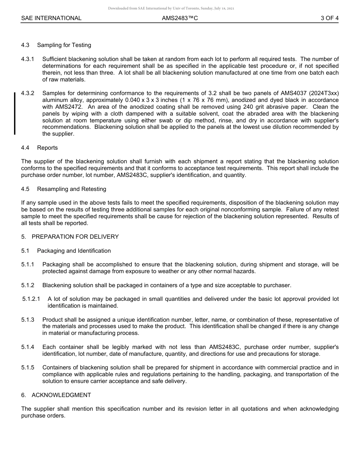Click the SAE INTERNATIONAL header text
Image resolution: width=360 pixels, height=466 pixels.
(x=51, y=18)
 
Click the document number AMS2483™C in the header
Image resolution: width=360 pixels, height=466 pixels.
(x=180, y=18)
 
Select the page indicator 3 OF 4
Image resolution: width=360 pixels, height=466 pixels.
(x=329, y=18)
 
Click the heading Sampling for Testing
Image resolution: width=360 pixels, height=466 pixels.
(x=64, y=45)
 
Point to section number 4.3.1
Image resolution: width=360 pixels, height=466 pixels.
(x=28, y=59)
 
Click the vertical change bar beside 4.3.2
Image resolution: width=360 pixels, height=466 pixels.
(x=15, y=113)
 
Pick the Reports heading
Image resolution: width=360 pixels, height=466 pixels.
(x=47, y=148)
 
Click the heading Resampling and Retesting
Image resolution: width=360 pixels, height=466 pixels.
(x=72, y=189)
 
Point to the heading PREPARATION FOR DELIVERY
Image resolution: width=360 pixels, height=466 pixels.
(x=75, y=237)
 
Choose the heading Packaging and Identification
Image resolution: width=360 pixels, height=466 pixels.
(x=74, y=251)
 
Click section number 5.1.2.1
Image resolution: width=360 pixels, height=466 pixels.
(x=31, y=299)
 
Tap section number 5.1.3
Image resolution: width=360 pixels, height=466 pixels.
(x=28, y=320)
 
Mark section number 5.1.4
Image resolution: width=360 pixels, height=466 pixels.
(x=28, y=347)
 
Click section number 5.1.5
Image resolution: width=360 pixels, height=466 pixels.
(x=28, y=367)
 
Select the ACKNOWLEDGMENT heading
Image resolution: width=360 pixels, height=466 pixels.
(x=61, y=395)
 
